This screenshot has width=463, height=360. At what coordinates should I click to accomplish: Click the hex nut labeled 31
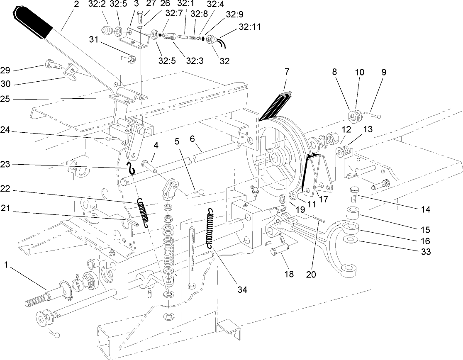(129, 59)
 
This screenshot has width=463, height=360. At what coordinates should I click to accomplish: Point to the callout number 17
(323, 199)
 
